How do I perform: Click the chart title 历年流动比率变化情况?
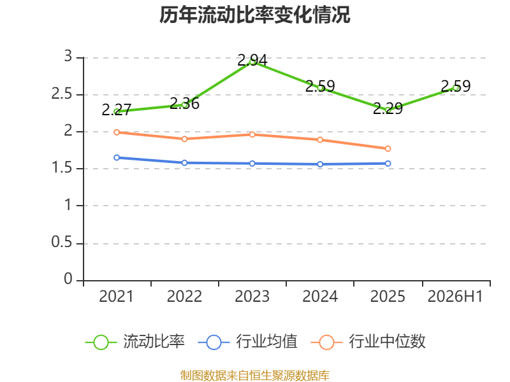254,15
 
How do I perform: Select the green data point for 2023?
252,62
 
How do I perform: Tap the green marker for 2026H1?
456,88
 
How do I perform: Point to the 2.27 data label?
117,110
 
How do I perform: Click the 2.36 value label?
184,103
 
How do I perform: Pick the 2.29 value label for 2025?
388,108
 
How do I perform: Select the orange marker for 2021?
117,132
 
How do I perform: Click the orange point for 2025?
388,148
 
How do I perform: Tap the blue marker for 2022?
184,163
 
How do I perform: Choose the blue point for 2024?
320,164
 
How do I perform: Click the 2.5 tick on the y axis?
61,94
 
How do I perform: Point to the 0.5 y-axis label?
61,243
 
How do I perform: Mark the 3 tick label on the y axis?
68,56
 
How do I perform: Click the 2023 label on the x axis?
252,297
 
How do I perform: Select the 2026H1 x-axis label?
455,297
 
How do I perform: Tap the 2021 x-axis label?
117,297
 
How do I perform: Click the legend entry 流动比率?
135,342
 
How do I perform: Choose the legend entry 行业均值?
247,342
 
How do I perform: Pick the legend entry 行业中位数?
368,342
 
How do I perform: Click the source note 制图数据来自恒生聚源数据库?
254,376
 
